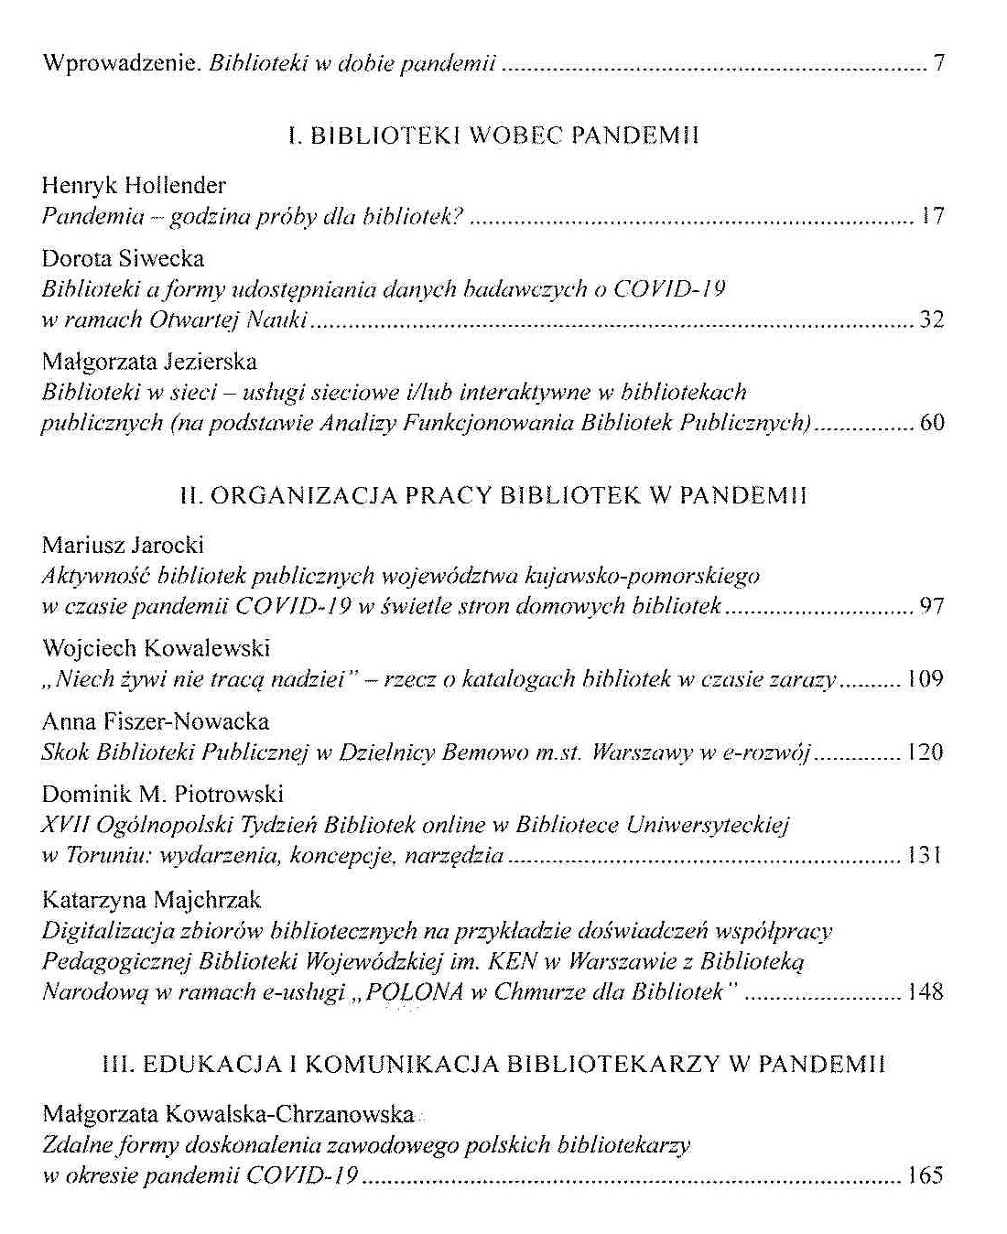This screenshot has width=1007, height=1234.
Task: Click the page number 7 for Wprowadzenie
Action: (938, 64)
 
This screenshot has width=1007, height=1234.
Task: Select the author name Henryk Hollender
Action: (134, 186)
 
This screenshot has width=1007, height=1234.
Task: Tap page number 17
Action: (932, 217)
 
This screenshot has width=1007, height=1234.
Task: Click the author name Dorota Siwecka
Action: (123, 259)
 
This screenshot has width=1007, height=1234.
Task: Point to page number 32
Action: (931, 319)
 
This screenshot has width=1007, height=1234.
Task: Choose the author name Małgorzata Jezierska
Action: (149, 363)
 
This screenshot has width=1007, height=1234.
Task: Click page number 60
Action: (931, 423)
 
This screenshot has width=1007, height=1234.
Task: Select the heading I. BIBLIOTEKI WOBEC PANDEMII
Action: (493, 137)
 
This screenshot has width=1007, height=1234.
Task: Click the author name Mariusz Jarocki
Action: (123, 546)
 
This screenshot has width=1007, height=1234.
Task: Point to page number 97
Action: (931, 606)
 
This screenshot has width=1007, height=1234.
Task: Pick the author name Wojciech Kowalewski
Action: (156, 649)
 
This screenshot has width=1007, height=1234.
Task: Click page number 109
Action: (925, 679)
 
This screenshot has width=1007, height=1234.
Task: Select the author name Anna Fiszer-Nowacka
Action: (156, 722)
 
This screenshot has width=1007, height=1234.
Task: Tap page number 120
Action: (925, 752)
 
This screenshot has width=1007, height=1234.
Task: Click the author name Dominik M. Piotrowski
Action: (163, 794)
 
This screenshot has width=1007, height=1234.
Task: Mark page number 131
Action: (925, 856)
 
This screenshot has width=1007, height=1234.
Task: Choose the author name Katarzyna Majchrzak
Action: (152, 900)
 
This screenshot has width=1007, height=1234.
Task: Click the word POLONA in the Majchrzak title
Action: (413, 992)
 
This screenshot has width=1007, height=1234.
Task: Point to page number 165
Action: (925, 1175)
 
